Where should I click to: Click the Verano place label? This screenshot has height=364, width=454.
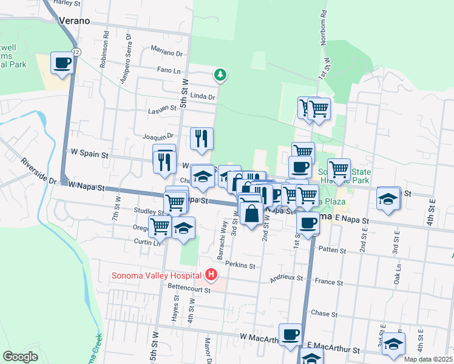pos(74,21)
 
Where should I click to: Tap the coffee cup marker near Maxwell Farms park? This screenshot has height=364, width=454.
pos(62,63)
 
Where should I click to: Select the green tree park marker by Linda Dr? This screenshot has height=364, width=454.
pos(219,75)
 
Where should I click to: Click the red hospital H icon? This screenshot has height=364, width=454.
pos(211,275)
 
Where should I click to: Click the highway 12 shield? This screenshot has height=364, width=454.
pos(73,52)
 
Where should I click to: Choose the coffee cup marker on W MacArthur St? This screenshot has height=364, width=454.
pos(291,334)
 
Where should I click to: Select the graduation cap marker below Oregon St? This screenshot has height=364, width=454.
pos(183,228)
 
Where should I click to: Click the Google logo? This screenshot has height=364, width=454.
pos(21,357)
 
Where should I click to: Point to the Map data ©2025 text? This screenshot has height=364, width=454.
pos(429,359)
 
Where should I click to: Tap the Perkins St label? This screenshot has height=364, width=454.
pos(240,265)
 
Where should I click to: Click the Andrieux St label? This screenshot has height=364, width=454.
pos(288,279)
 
